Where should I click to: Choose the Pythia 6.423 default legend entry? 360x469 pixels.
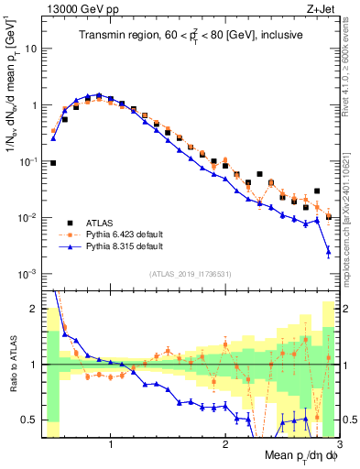point(123,234)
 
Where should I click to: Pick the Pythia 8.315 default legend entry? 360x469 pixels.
point(123,246)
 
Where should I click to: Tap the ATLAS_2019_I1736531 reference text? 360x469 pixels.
point(191,275)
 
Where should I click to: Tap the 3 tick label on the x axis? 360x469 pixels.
point(338,446)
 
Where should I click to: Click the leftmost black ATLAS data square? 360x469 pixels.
point(53,163)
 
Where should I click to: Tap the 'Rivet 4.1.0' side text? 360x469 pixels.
point(351,69)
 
